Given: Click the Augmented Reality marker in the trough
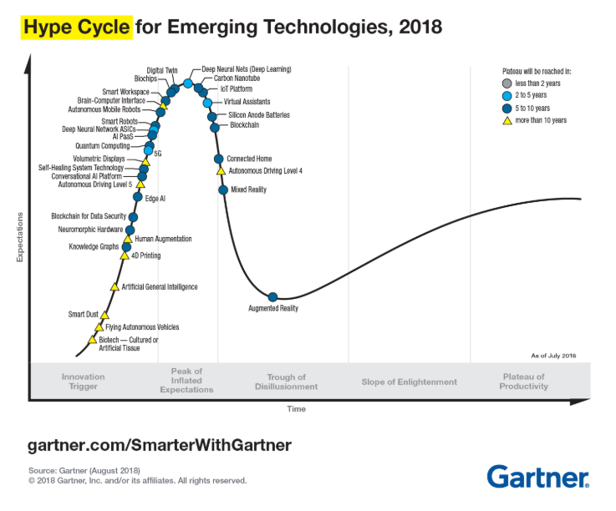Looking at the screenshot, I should click(272, 296).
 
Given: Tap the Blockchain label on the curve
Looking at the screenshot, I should click(244, 125).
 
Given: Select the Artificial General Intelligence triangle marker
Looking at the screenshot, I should click(115, 286).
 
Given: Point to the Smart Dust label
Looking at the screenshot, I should click(83, 314).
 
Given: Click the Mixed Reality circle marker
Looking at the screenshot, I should click(223, 190).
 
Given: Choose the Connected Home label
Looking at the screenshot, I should click(249, 159).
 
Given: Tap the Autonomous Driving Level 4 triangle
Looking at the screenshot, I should click(221, 170).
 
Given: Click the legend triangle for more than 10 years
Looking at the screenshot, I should click(507, 120).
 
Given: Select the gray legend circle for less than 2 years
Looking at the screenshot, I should click(507, 84).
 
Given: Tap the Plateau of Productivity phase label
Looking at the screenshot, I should click(524, 382).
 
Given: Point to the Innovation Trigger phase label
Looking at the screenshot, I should click(83, 382).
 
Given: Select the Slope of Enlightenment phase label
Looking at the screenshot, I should click(409, 382).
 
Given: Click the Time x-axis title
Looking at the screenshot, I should click(296, 409).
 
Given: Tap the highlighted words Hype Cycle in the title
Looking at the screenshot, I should click(76, 28).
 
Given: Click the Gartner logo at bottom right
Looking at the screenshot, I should click(537, 477).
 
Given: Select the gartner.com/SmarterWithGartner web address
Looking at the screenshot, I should click(160, 444).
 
